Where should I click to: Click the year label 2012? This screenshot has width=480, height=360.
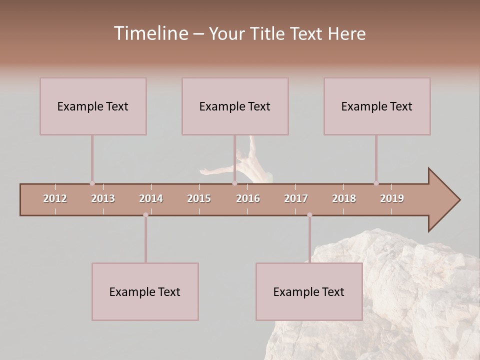pyautogui.click(x=55, y=198)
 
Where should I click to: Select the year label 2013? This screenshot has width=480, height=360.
pyautogui.click(x=103, y=198)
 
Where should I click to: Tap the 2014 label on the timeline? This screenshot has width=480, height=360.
pyautogui.click(x=151, y=198)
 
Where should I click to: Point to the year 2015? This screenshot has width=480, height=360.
pyautogui.click(x=199, y=198)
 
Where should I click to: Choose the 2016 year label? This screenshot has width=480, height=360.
pyautogui.click(x=248, y=198)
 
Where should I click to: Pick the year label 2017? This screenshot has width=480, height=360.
pyautogui.click(x=296, y=198)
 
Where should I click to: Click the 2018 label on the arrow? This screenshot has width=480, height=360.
pyautogui.click(x=344, y=198)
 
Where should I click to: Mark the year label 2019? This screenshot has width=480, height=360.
pyautogui.click(x=392, y=198)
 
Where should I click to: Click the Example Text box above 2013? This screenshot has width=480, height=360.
pyautogui.click(x=93, y=106)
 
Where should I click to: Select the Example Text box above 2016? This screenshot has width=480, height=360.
pyautogui.click(x=235, y=106)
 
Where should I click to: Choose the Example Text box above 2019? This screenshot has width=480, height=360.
pyautogui.click(x=377, y=106)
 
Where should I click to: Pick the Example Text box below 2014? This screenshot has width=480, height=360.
pyautogui.click(x=145, y=291)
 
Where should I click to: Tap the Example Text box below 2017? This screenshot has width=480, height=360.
pyautogui.click(x=309, y=291)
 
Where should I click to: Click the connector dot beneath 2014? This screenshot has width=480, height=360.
pyautogui.click(x=145, y=215)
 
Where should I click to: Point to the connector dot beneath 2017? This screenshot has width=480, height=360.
pyautogui.click(x=309, y=215)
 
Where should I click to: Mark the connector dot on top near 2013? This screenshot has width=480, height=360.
pyautogui.click(x=92, y=183)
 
